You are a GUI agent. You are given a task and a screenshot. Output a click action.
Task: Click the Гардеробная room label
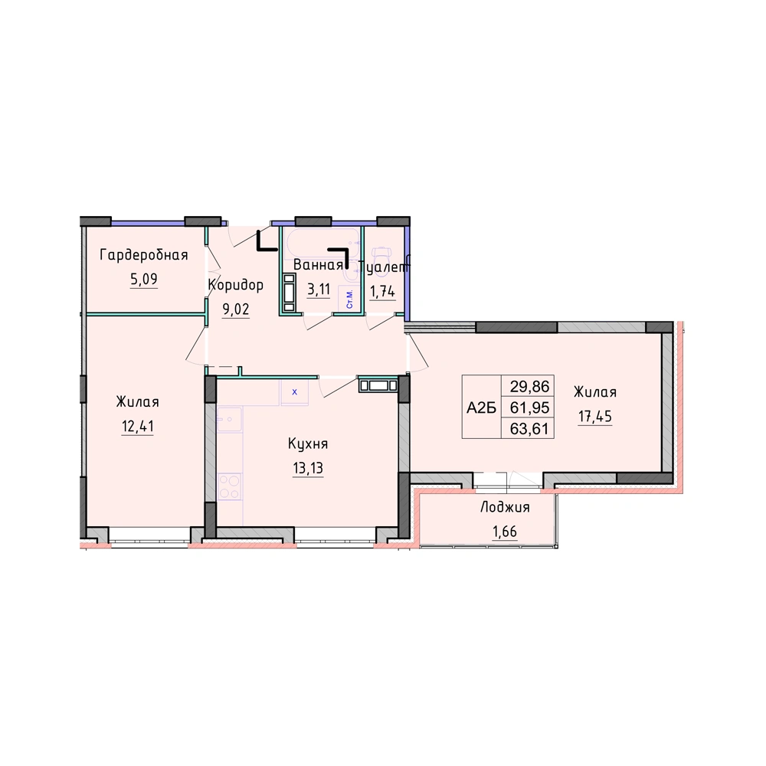[x=144, y=255]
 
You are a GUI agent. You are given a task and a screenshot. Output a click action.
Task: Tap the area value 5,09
[x=144, y=279]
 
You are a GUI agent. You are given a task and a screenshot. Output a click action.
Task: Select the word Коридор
[x=236, y=285]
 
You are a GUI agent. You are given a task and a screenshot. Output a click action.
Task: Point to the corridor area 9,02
[x=236, y=309]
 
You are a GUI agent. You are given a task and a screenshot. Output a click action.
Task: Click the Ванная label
[x=318, y=265]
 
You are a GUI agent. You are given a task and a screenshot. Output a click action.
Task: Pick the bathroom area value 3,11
[x=319, y=290]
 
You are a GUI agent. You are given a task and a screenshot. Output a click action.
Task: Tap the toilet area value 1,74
[x=382, y=292]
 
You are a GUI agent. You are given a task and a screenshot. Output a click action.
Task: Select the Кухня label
[x=308, y=444]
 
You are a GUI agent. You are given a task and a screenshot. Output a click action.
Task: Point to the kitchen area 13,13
[x=308, y=468]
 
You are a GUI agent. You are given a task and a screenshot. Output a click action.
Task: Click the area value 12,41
[x=138, y=426]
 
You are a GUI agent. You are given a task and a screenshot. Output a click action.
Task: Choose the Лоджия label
[x=505, y=507]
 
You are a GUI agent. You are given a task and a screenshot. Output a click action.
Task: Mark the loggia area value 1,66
[x=505, y=531]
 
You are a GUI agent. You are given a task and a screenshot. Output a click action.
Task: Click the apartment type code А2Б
[x=481, y=408]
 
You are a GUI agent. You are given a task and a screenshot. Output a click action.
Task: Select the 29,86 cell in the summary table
[x=529, y=386]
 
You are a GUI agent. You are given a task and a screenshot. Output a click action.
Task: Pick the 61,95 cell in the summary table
[x=529, y=407]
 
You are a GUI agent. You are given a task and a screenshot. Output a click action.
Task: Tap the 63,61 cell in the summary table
[x=529, y=428]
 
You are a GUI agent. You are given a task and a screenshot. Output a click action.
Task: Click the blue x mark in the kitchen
[x=295, y=391]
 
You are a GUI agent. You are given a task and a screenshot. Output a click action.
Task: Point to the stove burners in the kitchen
[x=230, y=486]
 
